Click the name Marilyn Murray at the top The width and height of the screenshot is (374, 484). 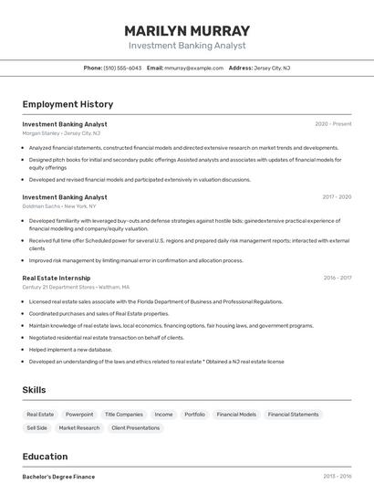point(186,29)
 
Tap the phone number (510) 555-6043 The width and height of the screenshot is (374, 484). point(122,68)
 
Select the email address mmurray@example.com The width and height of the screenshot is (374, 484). point(193,68)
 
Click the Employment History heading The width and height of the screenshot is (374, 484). point(68,104)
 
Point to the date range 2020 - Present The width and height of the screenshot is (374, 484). point(333,123)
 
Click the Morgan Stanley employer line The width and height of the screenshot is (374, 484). point(61,132)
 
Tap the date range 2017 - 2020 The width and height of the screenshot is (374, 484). point(337,196)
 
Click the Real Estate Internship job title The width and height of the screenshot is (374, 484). point(57,278)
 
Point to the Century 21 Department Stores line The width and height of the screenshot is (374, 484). point(69,287)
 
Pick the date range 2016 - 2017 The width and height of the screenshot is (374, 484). point(337,278)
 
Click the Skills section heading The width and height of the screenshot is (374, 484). point(34,390)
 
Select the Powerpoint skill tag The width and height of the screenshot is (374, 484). point(79,414)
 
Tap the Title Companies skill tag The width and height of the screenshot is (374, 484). point(123,414)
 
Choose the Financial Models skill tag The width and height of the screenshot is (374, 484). point(236,414)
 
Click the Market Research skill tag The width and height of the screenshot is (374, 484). point(79,427)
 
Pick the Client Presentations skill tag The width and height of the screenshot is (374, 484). point(136,427)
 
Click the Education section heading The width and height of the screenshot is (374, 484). point(45,457)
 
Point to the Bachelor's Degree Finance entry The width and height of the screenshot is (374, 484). point(58,476)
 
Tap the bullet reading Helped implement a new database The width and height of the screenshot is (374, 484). point(70,350)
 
